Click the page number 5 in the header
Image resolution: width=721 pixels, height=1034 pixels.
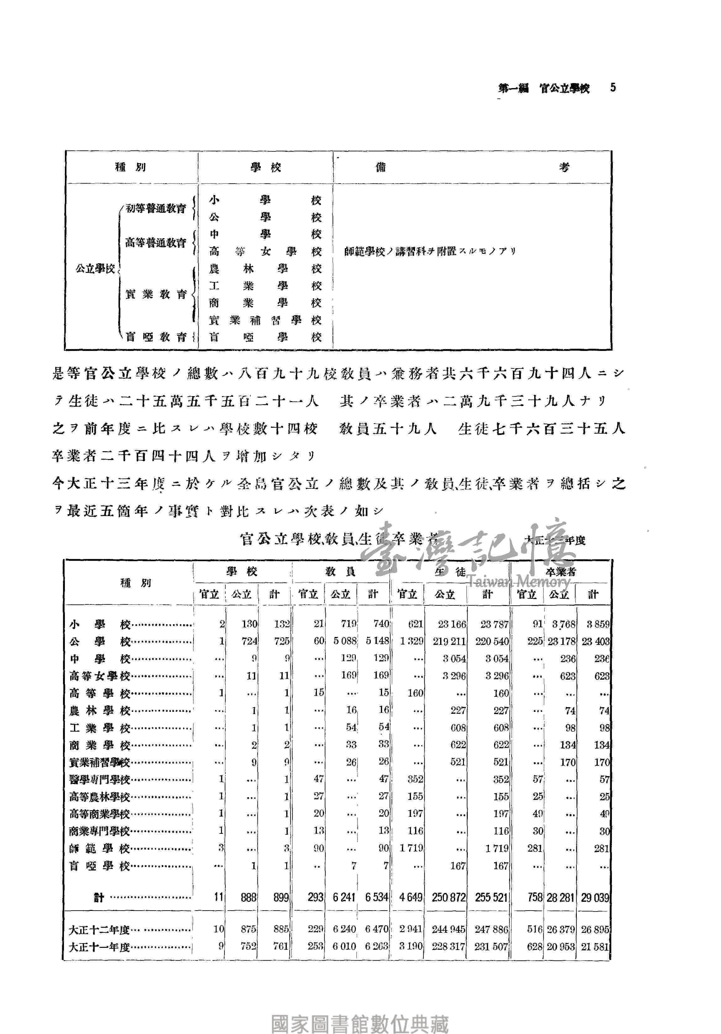point(613,87)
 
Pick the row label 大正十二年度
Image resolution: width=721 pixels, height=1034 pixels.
point(99,930)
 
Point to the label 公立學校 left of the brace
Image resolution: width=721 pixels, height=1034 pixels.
point(95,269)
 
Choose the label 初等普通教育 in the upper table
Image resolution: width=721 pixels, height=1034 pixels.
point(155,208)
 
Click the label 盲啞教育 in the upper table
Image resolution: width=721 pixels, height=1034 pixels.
point(156,337)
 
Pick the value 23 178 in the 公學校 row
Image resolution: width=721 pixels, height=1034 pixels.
point(561,641)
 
